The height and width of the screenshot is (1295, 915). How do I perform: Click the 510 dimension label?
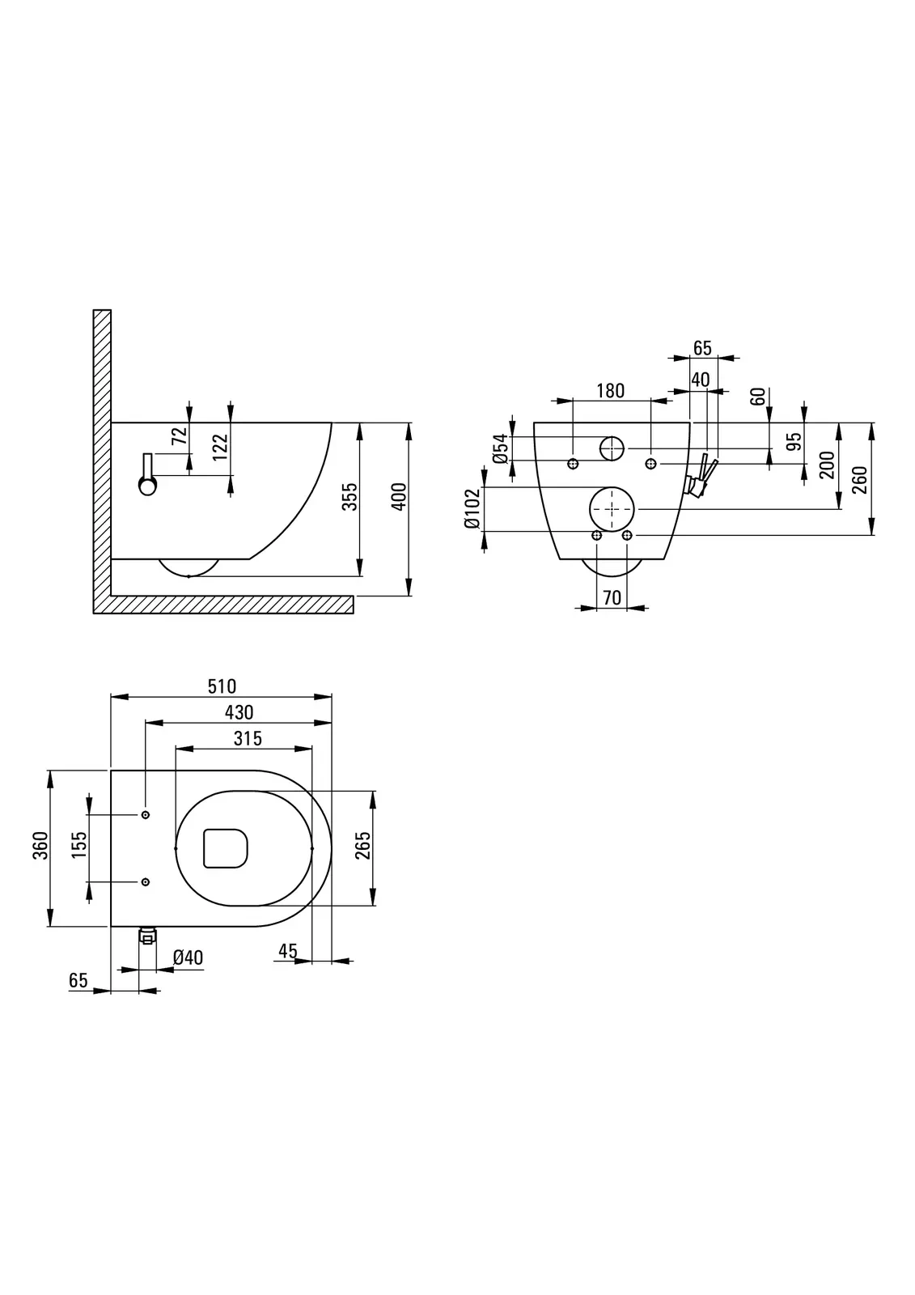tap(222, 686)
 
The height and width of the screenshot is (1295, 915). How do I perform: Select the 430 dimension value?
tap(239, 712)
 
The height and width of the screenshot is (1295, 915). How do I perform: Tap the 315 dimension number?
tap(248, 738)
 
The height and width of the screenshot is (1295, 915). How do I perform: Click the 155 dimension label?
tap(79, 847)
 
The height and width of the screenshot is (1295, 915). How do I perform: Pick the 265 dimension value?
tap(362, 846)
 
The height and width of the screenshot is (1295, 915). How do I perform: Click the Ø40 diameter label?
tap(188, 958)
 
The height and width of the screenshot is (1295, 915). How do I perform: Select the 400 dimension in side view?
tap(398, 497)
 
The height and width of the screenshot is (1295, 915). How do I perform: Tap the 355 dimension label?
tap(349, 497)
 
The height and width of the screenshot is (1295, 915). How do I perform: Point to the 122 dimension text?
tap(221, 448)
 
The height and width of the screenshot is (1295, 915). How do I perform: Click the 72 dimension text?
tap(180, 435)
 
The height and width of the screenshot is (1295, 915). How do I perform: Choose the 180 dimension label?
tap(610, 391)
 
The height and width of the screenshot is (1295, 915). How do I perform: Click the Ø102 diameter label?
tap(473, 509)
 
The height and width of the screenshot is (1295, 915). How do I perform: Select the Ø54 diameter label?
tap(501, 448)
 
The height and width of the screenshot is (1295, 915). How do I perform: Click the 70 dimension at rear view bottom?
tap(612, 597)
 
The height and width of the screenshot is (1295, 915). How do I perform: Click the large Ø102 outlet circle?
tap(612, 509)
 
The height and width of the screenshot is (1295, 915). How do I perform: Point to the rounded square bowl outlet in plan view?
tap(224, 847)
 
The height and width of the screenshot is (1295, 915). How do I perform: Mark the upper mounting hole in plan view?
tap(146, 814)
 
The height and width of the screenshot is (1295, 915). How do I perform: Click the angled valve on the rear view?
tap(701, 478)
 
